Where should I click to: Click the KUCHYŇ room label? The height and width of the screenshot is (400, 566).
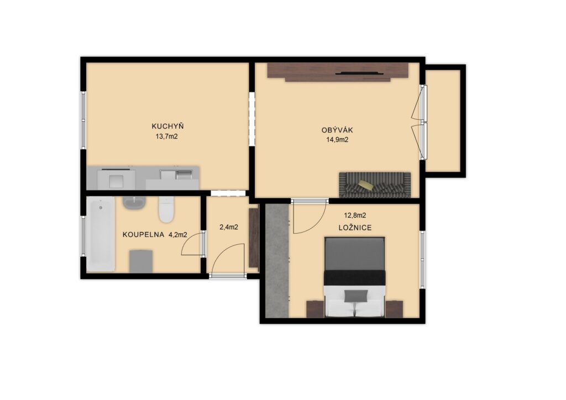(x=167, y=126)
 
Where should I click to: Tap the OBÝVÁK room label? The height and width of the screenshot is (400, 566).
(x=337, y=130)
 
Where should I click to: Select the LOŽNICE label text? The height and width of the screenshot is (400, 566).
(x=355, y=228)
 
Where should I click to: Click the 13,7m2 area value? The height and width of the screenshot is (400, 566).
(x=166, y=136)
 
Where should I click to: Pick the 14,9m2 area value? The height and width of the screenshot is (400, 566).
(x=337, y=140)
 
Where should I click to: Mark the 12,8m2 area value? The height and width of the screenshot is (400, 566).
(x=355, y=215)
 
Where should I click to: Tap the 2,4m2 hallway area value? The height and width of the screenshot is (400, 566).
(x=228, y=227)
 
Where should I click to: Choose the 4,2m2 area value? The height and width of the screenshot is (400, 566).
(x=178, y=235)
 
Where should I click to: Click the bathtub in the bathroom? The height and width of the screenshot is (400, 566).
(x=101, y=234)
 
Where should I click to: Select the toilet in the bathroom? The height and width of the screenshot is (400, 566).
(x=166, y=209)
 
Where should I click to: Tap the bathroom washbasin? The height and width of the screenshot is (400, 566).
(x=134, y=203)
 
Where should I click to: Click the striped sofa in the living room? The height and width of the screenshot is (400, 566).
(x=375, y=185)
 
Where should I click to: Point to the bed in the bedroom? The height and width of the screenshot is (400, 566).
(x=355, y=277)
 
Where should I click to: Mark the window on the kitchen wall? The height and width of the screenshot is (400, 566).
(x=83, y=120)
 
